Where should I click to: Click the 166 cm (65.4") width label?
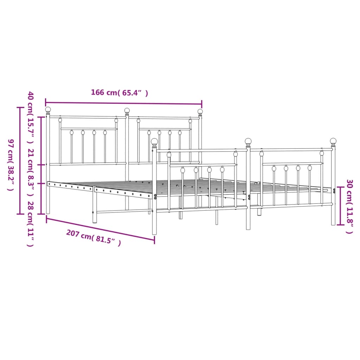pos(119,93)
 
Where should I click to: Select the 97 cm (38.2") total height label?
pos(10,165)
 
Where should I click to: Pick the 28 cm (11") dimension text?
pos(31,224)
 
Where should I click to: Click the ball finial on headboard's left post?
pos(48,110)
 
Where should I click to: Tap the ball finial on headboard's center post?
pos(127,111)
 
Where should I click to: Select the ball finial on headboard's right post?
pos(200,112)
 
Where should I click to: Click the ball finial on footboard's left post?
pos(154,141)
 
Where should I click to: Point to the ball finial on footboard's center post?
pos(248,141)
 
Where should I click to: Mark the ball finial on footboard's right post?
pos(333,141)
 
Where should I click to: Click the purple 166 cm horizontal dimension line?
pos(123,103)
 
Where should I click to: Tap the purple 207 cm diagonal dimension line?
pos(100,230)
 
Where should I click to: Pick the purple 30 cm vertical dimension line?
pos(340,206)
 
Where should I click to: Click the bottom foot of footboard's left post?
pos(154,232)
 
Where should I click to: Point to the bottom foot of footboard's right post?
pos(333,223)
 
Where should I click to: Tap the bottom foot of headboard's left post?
pos(48,212)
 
